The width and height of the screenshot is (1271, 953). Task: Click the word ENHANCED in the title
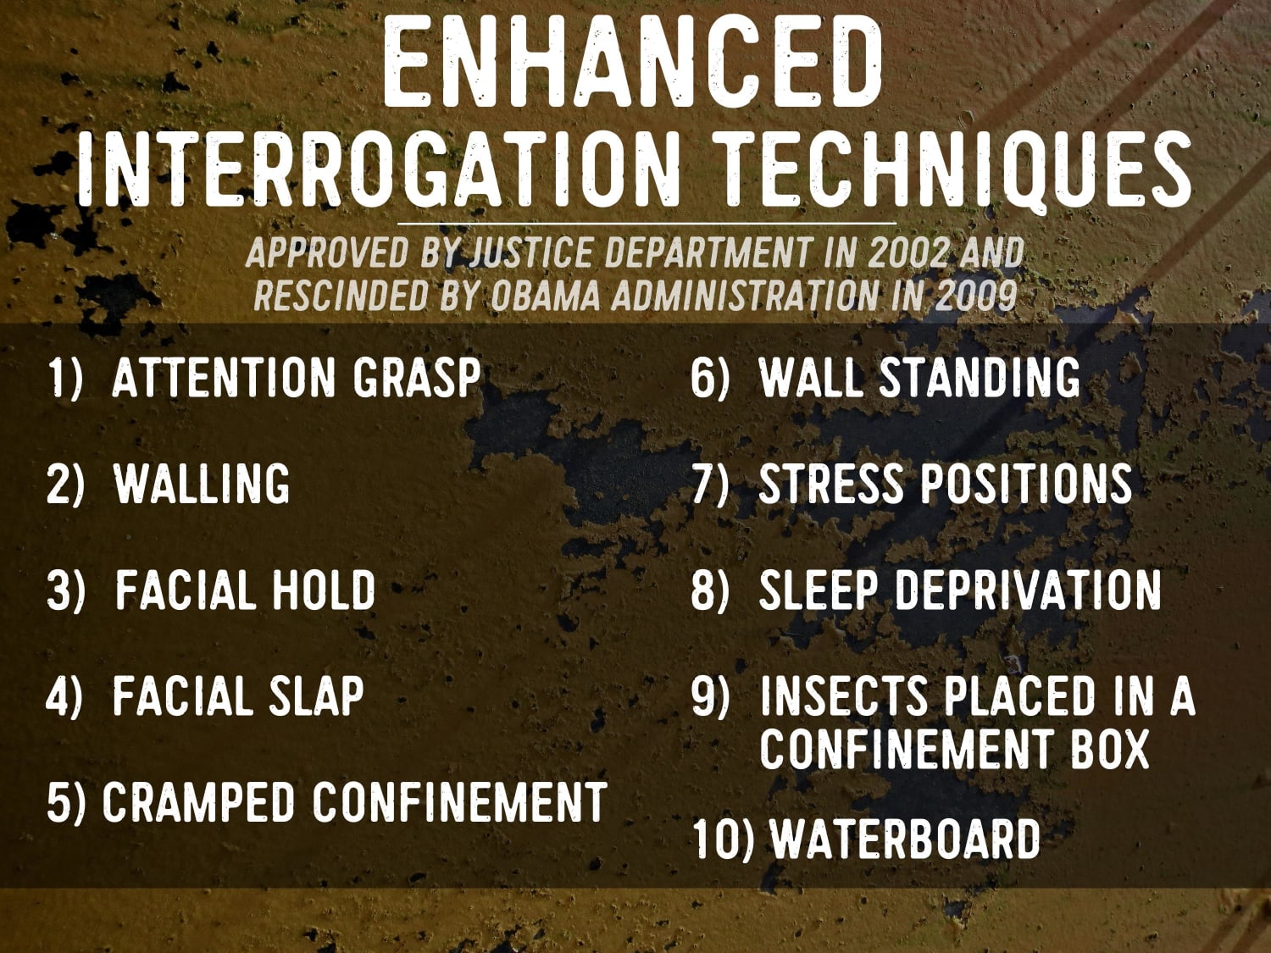coord(634,64)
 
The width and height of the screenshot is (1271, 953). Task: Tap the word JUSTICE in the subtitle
coord(531,253)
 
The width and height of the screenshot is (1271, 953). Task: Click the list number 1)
coord(64,378)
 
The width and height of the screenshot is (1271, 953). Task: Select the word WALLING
coord(202,484)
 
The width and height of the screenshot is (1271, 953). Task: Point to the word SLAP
coord(316,696)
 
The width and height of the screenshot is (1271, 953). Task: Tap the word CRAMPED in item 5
coord(199,802)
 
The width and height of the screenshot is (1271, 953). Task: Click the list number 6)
coord(709,378)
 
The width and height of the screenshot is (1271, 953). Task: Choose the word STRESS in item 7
coord(831,484)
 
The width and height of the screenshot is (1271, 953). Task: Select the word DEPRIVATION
coord(1028,590)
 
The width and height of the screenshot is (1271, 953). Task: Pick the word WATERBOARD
coord(905,839)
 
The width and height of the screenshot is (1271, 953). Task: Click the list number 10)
coord(723,839)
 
